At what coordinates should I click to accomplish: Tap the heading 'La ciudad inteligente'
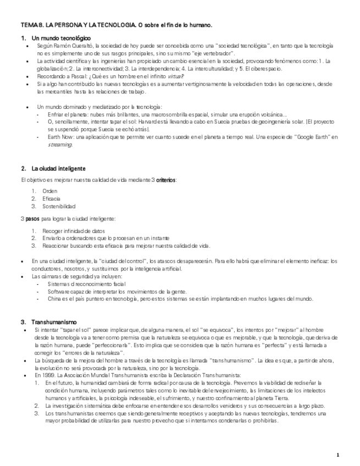pos(58,168)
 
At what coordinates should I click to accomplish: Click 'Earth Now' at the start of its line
pos(60,137)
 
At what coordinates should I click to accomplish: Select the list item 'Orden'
pos(49,191)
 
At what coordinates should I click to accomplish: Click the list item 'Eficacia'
pos(51,198)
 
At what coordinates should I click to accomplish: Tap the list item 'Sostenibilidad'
pos(58,206)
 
